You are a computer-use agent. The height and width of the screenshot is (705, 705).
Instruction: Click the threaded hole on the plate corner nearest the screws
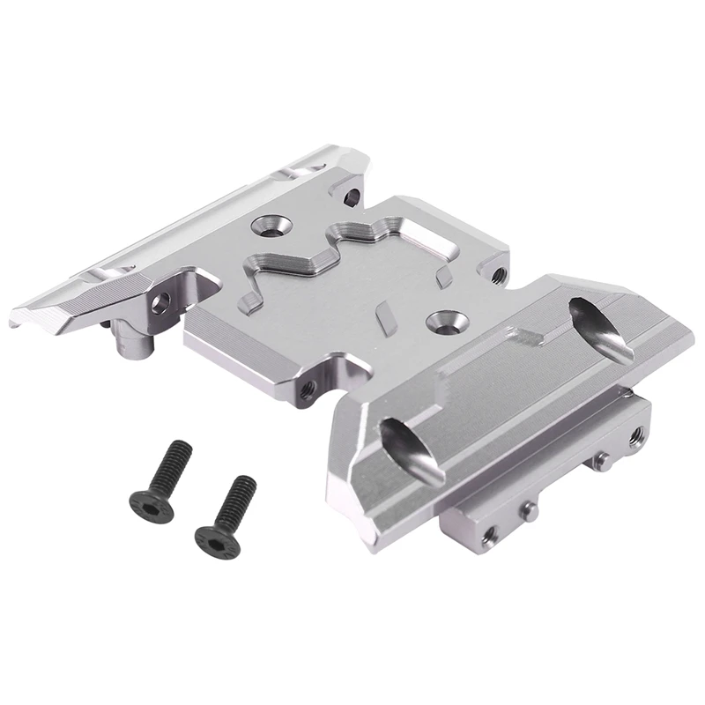(307, 388)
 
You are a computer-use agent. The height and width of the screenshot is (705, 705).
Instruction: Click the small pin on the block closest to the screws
(527, 508)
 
